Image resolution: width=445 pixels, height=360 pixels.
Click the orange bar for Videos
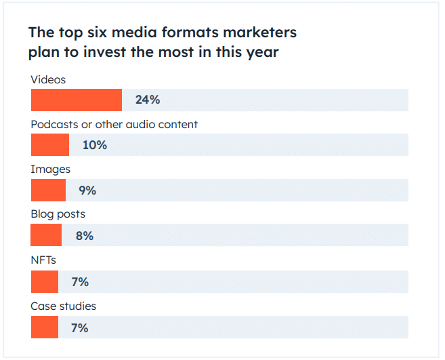(77, 100)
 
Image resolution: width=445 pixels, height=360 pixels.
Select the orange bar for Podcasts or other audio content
(50, 145)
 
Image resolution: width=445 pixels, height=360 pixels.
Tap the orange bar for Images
(48, 191)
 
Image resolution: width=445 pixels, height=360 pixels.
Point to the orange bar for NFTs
(45, 281)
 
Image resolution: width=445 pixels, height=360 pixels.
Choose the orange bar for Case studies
(45, 327)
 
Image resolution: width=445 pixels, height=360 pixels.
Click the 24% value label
(148, 100)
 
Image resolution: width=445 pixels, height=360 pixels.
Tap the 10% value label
(95, 145)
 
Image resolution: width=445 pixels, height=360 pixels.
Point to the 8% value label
(85, 236)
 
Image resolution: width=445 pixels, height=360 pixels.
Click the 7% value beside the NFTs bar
(80, 281)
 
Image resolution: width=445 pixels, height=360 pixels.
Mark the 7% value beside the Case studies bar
(80, 327)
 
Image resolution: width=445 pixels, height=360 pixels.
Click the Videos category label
(48, 79)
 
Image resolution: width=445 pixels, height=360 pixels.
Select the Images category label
(50, 169)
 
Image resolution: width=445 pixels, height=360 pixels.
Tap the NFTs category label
(44, 260)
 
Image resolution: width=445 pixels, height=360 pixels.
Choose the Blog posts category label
(58, 214)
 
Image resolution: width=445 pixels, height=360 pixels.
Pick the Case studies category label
(63, 306)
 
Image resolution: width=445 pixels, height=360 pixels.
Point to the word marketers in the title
(258, 33)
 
